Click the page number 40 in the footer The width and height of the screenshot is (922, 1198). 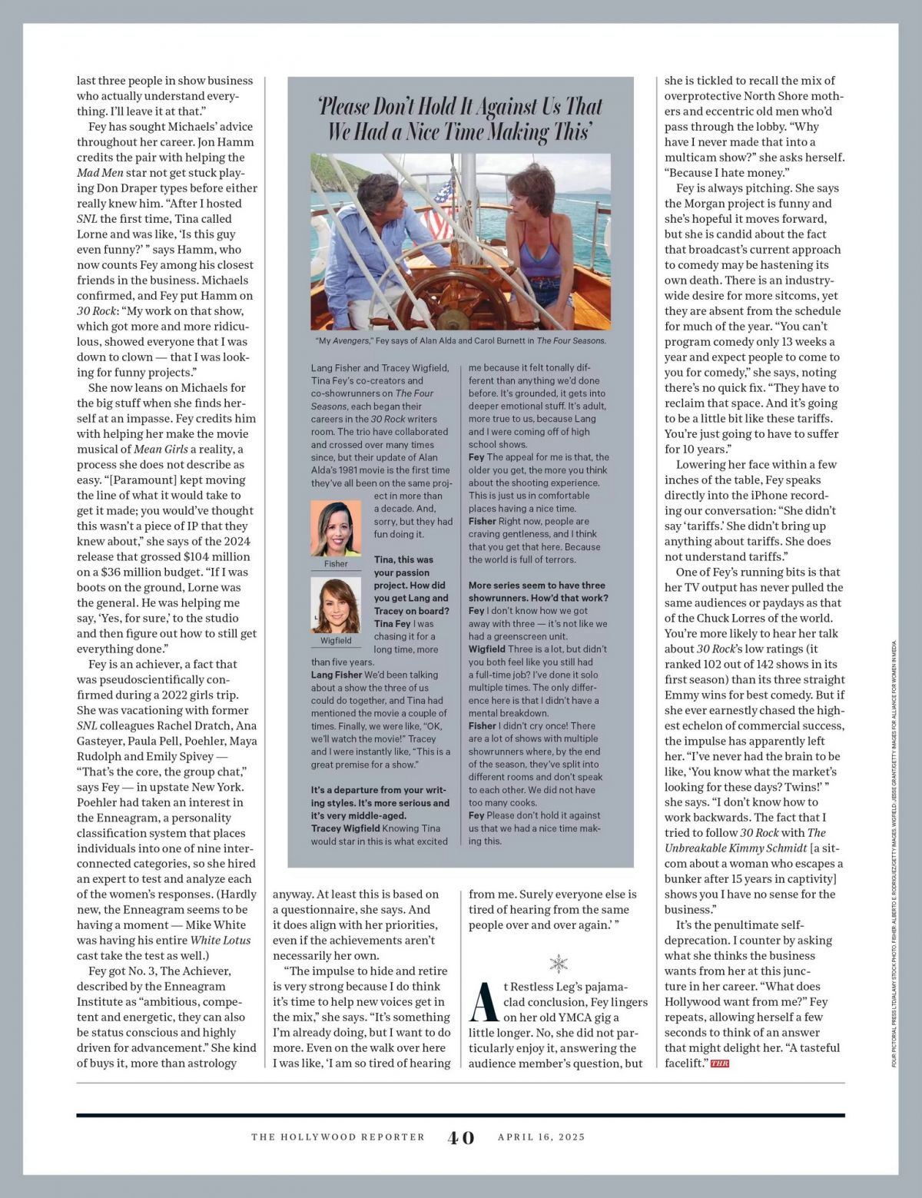(461, 1137)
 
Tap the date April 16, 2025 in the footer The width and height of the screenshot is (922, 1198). (541, 1137)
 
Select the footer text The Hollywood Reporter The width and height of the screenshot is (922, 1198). (338, 1137)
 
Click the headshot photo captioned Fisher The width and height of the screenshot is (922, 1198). (336, 528)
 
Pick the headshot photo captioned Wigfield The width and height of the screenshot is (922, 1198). (336, 605)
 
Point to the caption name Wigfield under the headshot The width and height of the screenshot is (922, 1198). (336, 640)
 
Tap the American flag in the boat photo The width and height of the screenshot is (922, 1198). (439, 211)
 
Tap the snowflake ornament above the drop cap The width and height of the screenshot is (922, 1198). (559, 963)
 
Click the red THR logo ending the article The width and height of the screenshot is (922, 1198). (719, 1064)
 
